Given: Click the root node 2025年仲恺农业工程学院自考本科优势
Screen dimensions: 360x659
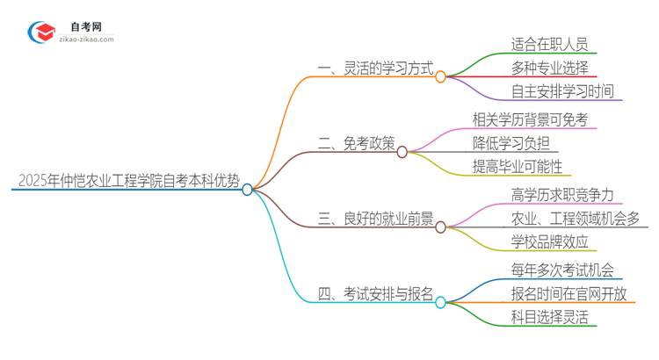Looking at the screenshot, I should [x=128, y=181].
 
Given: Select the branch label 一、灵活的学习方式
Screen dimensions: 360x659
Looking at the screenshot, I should [x=373, y=68].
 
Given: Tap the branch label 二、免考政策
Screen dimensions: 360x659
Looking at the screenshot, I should [x=356, y=143].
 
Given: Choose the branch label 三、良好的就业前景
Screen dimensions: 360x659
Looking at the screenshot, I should [x=373, y=219].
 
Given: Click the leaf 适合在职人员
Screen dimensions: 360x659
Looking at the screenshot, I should [x=549, y=43].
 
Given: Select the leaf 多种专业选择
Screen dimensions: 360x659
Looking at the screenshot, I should [x=549, y=67].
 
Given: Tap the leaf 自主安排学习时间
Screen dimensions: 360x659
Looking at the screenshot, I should [x=562, y=90].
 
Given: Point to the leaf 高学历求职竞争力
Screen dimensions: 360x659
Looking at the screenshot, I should [x=561, y=194].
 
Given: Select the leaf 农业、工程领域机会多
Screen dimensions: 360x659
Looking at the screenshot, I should [x=575, y=218].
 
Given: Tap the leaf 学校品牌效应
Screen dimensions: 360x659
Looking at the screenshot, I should [x=549, y=241].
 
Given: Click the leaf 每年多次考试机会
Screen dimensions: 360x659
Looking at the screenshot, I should [x=561, y=270].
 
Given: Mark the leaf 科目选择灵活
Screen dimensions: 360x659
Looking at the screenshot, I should [x=549, y=317].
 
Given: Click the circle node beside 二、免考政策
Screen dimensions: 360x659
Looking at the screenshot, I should [x=402, y=152].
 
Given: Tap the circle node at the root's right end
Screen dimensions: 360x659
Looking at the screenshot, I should [x=248, y=189].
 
